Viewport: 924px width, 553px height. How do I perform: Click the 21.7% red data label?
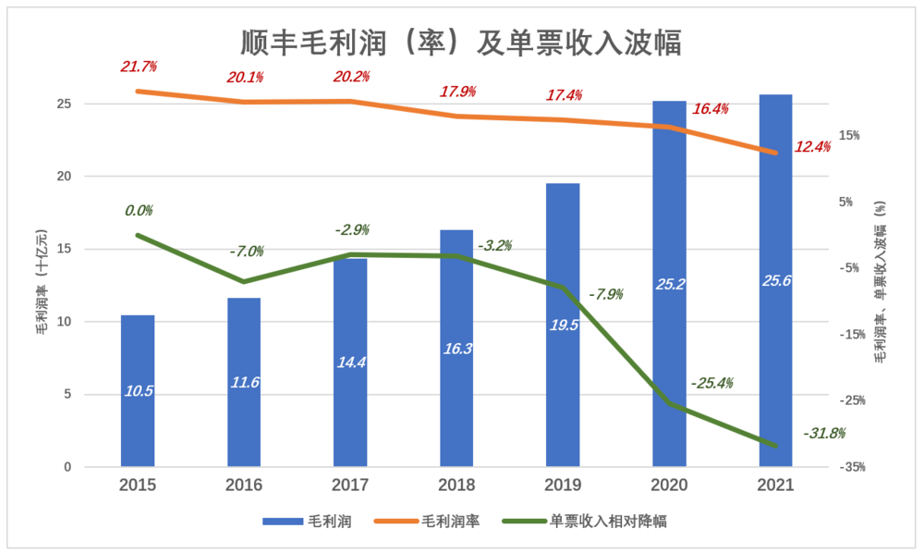(x=139, y=67)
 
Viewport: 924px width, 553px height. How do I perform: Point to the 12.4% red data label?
(x=812, y=146)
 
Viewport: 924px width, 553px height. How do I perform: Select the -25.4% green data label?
(x=711, y=382)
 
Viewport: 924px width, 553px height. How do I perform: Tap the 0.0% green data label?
(x=139, y=211)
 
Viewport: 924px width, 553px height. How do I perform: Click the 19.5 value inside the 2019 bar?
(x=563, y=325)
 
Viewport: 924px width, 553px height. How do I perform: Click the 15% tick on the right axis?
(x=847, y=135)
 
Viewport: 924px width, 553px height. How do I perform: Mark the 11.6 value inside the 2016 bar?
(x=244, y=381)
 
